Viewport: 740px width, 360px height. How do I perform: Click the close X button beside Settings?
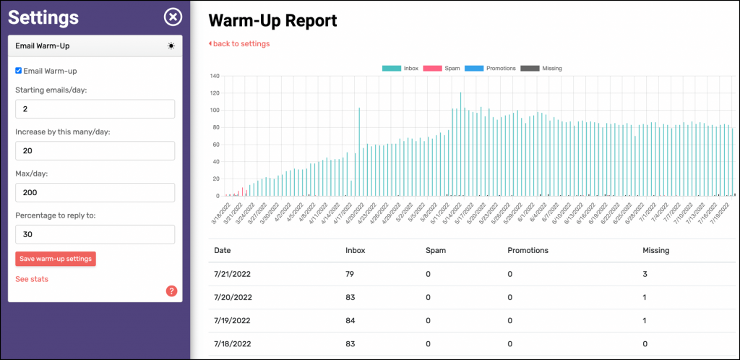pos(172,17)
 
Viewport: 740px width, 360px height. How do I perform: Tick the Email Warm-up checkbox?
pos(19,71)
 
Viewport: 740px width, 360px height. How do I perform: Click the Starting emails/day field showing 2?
pos(95,108)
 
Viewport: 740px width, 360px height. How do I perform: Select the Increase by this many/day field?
pos(95,150)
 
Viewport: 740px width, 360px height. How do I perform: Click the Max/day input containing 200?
pos(95,192)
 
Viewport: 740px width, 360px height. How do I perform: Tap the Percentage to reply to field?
pos(95,234)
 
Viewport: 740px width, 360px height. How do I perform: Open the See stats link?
pos(32,279)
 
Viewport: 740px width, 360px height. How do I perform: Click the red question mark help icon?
pos(171,291)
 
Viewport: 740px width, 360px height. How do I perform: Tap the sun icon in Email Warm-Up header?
pos(171,46)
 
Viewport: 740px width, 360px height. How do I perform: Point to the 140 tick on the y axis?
pos(215,76)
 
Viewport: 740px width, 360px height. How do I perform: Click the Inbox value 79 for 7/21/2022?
pos(351,275)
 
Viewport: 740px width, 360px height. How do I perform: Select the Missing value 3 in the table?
pos(645,275)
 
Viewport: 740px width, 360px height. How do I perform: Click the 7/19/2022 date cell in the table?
pos(233,321)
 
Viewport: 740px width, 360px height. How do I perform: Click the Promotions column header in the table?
pos(528,250)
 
